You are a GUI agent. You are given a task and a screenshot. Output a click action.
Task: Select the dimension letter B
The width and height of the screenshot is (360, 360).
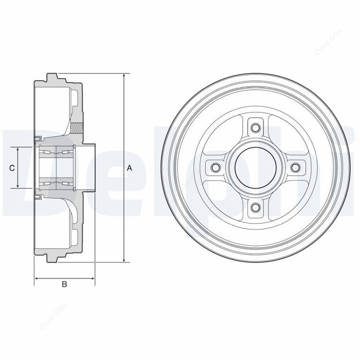[64, 284]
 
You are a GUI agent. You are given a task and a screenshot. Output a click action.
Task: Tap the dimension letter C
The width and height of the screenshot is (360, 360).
[12, 168]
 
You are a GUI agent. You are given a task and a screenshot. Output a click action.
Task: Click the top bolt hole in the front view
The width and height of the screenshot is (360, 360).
[255, 127]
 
